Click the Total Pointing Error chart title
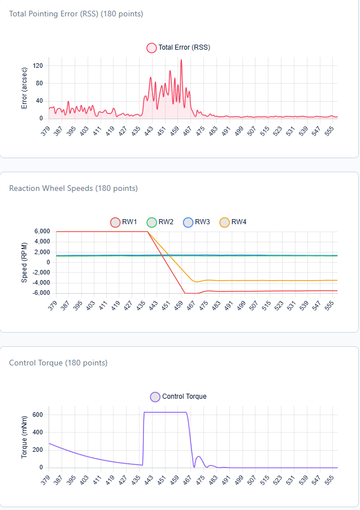point(76,14)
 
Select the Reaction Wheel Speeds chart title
point(73,188)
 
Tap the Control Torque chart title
point(58,363)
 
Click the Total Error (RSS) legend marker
point(151,48)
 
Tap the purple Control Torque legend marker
point(155,396)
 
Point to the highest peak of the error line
point(181,60)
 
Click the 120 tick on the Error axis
point(38,66)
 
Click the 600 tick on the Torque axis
point(38,415)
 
